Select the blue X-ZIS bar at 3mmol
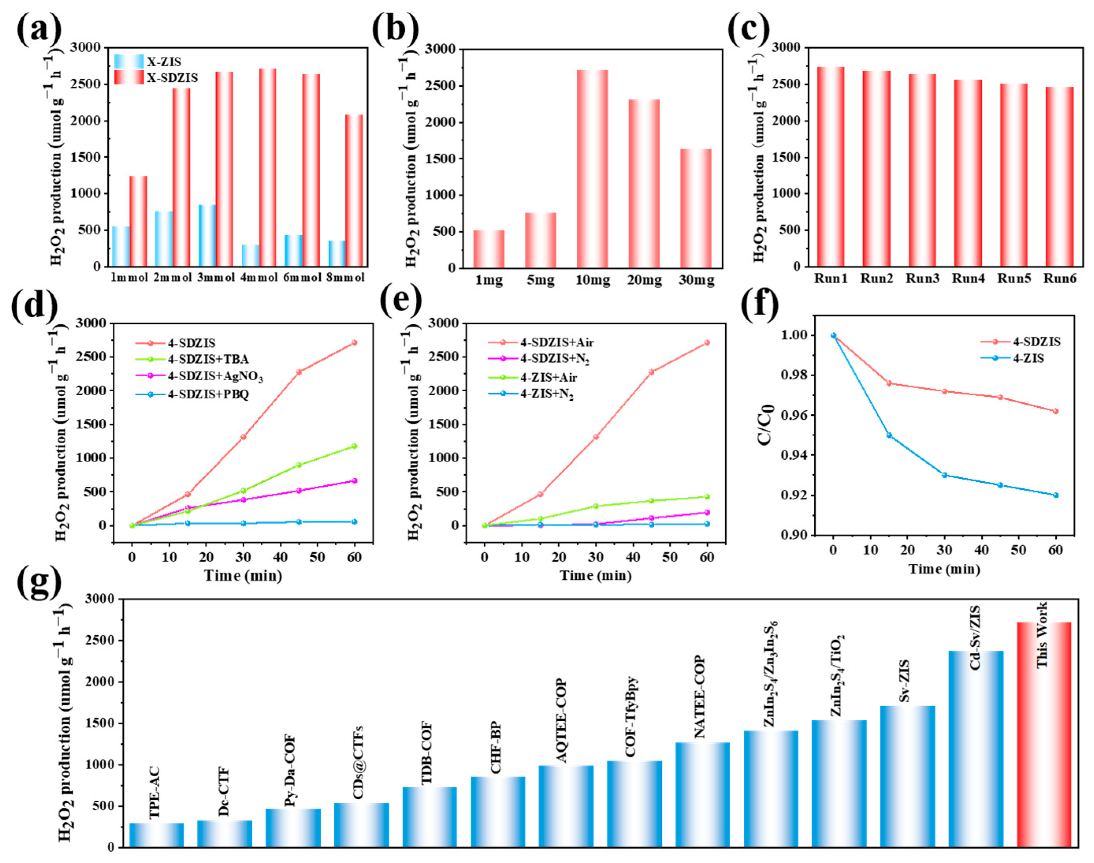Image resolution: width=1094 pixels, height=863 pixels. pos(207,236)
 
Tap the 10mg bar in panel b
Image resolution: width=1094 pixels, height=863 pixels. pos(592,169)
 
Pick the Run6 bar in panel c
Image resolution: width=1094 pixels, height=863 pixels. pos(1060,176)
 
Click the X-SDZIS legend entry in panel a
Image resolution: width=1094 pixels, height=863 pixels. pos(156,78)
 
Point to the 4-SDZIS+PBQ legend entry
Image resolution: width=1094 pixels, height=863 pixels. pos(192,394)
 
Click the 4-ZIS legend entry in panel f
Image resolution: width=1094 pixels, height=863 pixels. pos(1013,358)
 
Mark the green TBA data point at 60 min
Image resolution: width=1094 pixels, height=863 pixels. pos(354,446)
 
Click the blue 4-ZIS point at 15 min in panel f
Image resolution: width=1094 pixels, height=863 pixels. pos(890,435)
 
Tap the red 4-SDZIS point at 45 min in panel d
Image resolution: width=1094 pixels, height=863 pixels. pos(299,372)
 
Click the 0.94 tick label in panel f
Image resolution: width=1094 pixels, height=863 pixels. pos(790,455)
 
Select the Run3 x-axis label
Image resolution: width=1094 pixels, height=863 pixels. pos(922,278)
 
